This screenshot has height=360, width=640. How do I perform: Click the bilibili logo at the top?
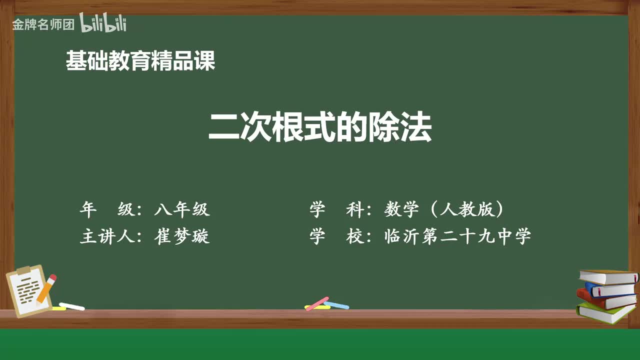[102, 23]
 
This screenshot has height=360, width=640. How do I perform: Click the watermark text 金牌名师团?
[43, 24]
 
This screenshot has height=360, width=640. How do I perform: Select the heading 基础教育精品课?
[140, 61]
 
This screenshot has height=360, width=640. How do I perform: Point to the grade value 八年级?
[182, 209]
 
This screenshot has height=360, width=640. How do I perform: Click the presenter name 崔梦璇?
[182, 235]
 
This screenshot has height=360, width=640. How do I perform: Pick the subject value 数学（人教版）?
[444, 209]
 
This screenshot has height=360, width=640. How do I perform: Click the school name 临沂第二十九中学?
[457, 235]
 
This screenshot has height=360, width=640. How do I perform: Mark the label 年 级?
[108, 209]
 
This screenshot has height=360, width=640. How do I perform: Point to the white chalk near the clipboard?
[72, 306]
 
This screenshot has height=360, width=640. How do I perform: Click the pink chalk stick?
[317, 303]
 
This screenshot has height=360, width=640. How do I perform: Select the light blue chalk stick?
[336, 304]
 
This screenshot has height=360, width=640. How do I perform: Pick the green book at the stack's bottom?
[605, 313]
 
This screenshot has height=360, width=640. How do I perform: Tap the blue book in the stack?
[610, 289]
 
